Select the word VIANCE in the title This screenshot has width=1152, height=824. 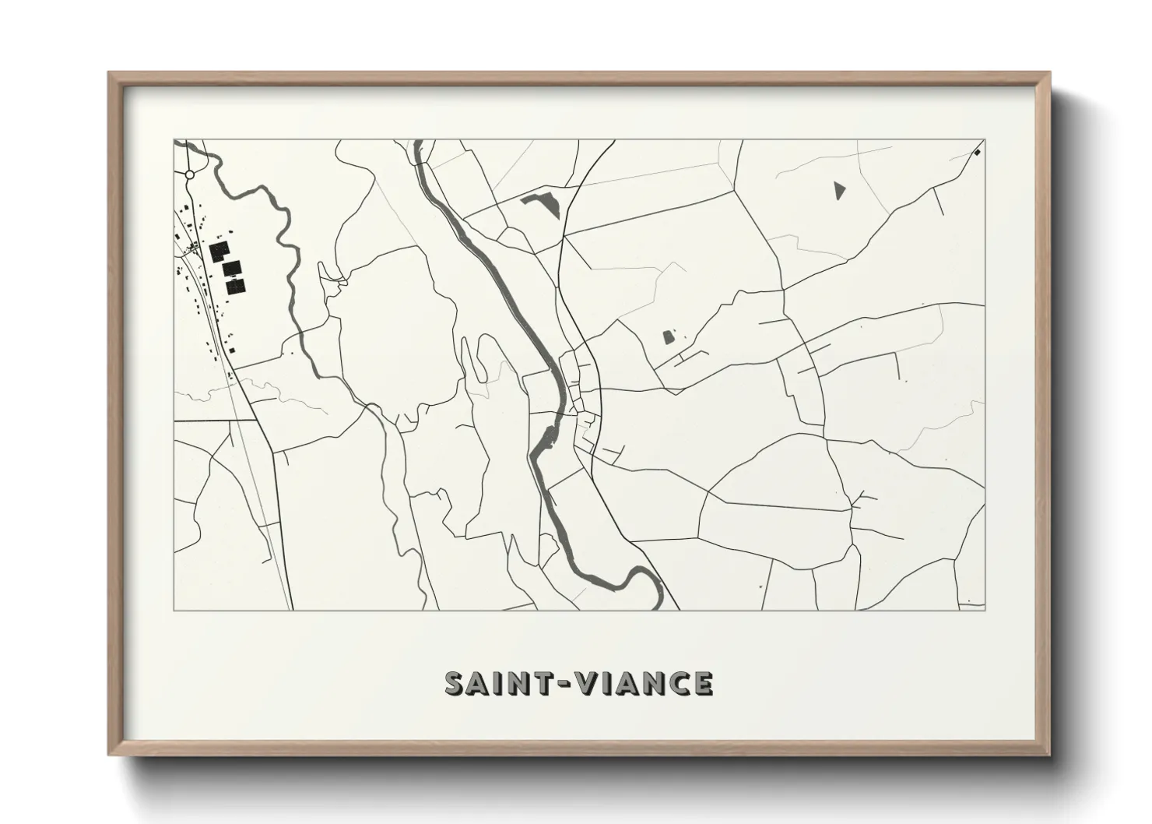click(x=642, y=683)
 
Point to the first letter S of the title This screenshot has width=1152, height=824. click(x=455, y=683)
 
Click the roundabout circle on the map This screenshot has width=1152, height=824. click(x=189, y=175)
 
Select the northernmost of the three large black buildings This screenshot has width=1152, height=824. click(x=220, y=252)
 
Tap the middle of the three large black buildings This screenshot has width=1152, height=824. click(x=230, y=269)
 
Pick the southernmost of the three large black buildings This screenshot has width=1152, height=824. click(x=235, y=286)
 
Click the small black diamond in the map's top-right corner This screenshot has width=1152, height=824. click(x=977, y=153)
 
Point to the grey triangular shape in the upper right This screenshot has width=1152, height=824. click(x=838, y=191)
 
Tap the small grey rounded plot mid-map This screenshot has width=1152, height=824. click(x=668, y=337)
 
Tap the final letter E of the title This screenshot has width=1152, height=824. click(x=704, y=683)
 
